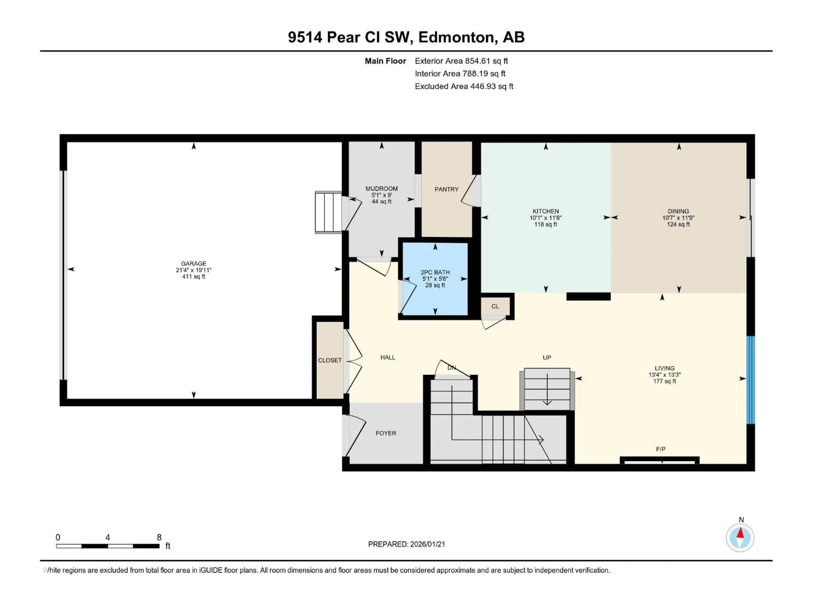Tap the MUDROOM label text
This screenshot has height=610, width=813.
click(x=382, y=188)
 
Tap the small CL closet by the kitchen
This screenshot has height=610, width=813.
click(x=495, y=306)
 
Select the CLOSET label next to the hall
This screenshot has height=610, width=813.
click(x=330, y=360)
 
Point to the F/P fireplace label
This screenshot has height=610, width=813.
click(x=661, y=449)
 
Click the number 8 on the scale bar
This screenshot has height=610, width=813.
click(x=159, y=537)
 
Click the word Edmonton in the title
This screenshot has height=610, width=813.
click(x=456, y=37)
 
